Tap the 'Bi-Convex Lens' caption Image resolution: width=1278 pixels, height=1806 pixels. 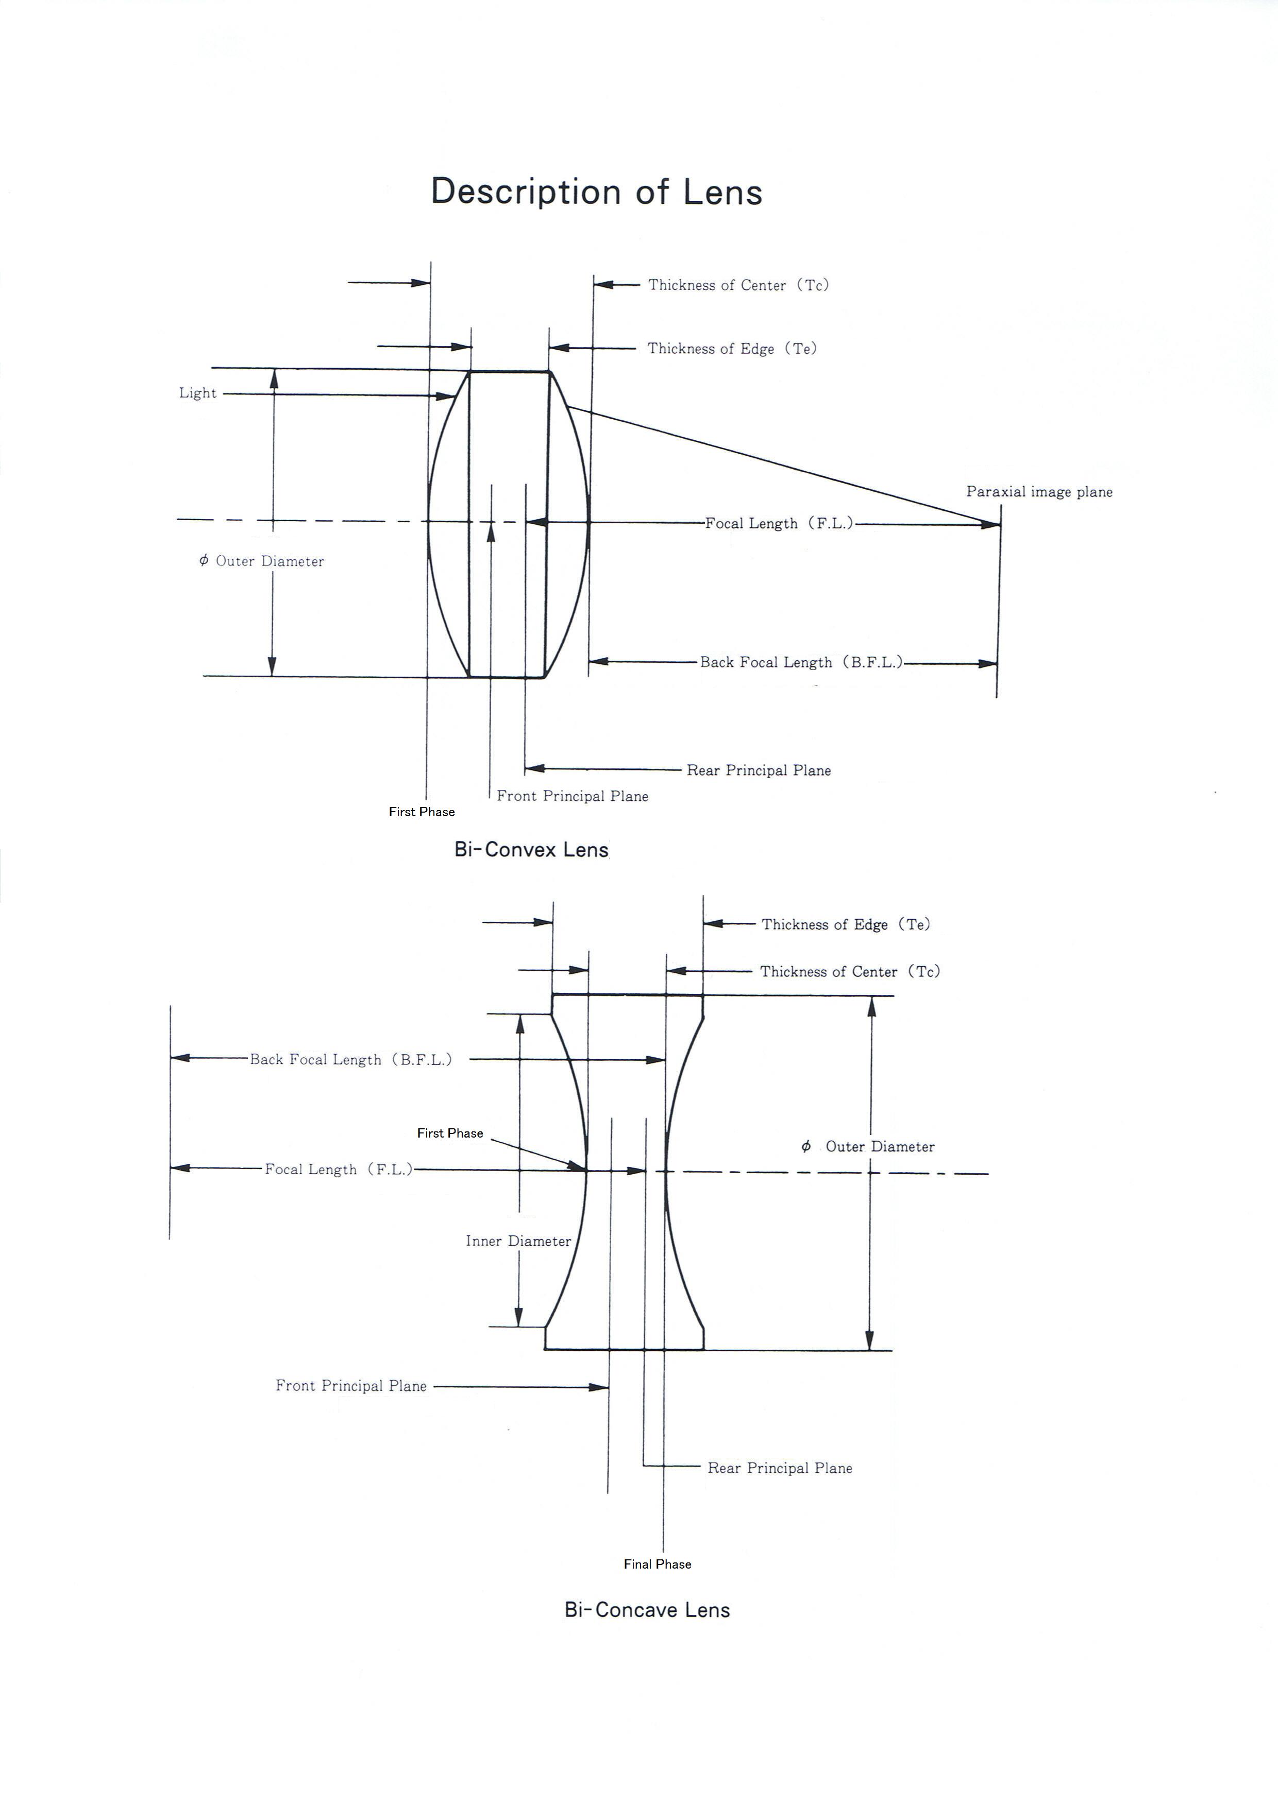531,850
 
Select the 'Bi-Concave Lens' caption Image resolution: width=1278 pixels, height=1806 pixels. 647,1610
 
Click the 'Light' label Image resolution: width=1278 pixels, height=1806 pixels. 197,393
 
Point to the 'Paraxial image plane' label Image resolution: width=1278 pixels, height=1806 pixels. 1039,492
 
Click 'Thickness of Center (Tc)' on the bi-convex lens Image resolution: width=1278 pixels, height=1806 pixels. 738,285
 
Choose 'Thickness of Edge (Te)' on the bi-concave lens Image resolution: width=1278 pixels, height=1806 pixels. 845,924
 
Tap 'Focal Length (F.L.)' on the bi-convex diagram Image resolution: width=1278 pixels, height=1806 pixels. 779,524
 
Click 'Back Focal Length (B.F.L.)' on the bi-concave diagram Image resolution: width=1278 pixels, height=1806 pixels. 351,1059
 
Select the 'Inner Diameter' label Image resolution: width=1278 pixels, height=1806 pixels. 518,1241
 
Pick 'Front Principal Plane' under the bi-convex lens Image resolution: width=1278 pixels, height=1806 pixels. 572,796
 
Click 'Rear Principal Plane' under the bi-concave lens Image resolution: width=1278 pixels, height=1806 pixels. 780,1468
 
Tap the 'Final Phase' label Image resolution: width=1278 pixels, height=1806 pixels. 657,1564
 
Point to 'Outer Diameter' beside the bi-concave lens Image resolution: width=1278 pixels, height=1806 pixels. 880,1147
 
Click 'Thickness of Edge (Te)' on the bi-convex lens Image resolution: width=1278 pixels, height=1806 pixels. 732,349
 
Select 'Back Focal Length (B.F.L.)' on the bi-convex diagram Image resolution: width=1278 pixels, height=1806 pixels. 802,662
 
